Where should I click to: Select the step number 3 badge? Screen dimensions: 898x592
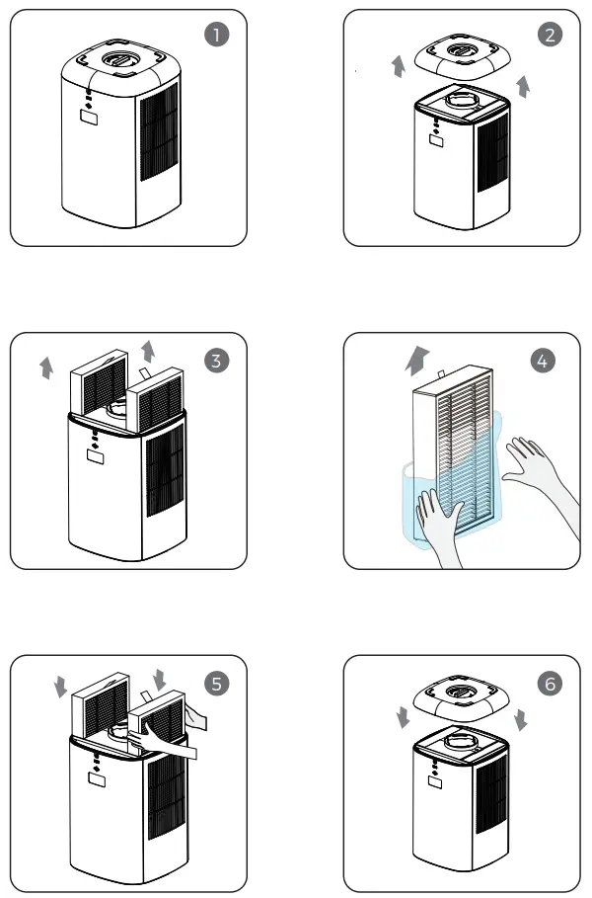click(x=217, y=361)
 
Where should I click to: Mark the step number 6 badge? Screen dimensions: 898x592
click(x=551, y=684)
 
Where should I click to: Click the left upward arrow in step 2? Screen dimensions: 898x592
click(x=398, y=66)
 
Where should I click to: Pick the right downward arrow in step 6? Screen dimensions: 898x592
click(x=521, y=719)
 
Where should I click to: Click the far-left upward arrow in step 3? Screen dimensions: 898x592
click(x=46, y=368)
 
